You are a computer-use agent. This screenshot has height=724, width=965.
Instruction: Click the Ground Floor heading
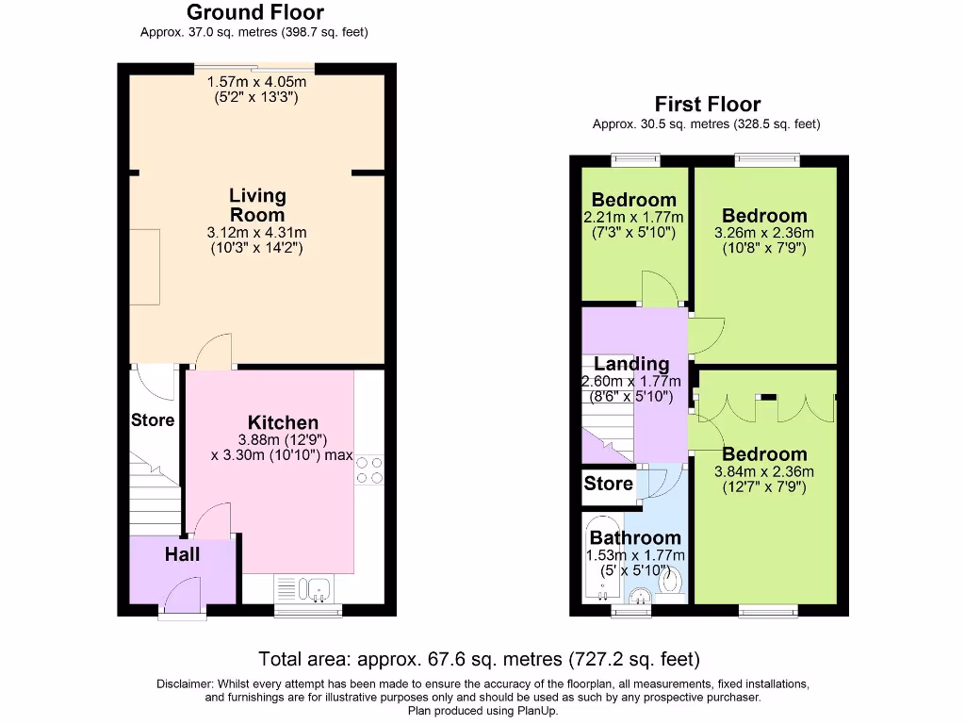point(254,12)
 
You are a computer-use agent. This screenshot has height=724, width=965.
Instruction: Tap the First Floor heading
point(707,105)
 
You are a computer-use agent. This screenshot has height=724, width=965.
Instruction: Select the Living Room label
point(257,205)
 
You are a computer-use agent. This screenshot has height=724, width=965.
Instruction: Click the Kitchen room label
point(283,422)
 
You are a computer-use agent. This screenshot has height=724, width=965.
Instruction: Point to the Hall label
point(182,554)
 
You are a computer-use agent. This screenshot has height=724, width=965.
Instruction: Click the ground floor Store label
point(153,420)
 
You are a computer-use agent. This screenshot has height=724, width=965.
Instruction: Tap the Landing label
point(631,364)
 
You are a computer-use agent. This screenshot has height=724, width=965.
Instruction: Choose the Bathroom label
point(635,538)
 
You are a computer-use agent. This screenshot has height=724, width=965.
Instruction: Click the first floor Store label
point(608,484)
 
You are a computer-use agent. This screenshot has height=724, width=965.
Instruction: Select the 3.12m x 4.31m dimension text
point(257,233)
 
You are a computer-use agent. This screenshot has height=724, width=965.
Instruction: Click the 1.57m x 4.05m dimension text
point(257,82)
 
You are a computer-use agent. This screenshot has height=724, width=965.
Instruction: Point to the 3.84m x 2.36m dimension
point(764,472)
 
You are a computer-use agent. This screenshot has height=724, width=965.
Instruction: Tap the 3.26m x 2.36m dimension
point(764,233)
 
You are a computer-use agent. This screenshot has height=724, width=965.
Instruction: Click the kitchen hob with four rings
point(369,469)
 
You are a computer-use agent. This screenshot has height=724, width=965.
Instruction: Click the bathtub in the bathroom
point(600,560)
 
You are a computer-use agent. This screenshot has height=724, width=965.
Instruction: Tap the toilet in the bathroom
point(671,582)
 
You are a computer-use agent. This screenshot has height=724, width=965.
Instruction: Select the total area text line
point(479,659)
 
